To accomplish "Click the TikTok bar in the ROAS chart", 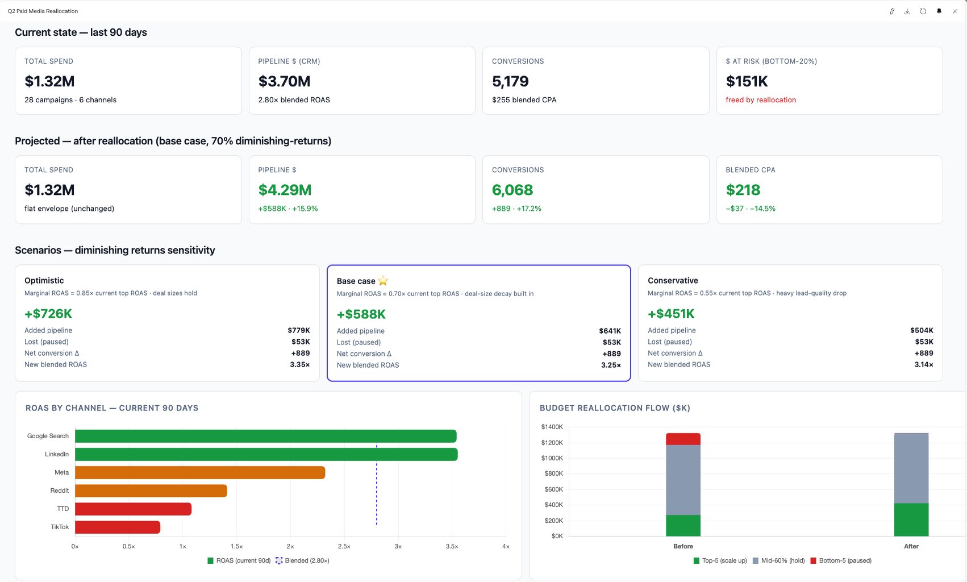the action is pyautogui.click(x=118, y=527).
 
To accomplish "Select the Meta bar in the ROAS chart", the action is pyautogui.click(x=200, y=472).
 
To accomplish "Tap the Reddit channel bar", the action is pyautogui.click(x=151, y=490).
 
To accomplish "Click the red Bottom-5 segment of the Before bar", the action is pyautogui.click(x=683, y=439).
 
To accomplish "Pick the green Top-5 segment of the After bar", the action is pyautogui.click(x=911, y=519).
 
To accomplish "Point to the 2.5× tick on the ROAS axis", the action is pyautogui.click(x=344, y=546).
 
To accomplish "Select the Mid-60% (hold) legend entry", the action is pyautogui.click(x=779, y=560).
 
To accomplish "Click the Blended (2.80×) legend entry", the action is pyautogui.click(x=303, y=560).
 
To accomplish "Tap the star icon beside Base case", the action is pyautogui.click(x=383, y=281).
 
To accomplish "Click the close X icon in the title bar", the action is pyautogui.click(x=955, y=11).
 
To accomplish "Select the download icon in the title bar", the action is pyautogui.click(x=907, y=11).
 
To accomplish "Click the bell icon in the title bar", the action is pyautogui.click(x=939, y=11).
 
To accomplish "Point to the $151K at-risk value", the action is pyautogui.click(x=747, y=81).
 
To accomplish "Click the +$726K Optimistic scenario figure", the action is pyautogui.click(x=48, y=314).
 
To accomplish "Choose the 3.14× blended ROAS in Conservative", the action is pyautogui.click(x=923, y=364).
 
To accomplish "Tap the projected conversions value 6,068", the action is pyautogui.click(x=512, y=189).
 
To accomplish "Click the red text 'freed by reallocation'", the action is pyautogui.click(x=761, y=99).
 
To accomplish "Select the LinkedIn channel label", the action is pyautogui.click(x=57, y=454).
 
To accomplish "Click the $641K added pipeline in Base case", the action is pyautogui.click(x=610, y=331).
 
